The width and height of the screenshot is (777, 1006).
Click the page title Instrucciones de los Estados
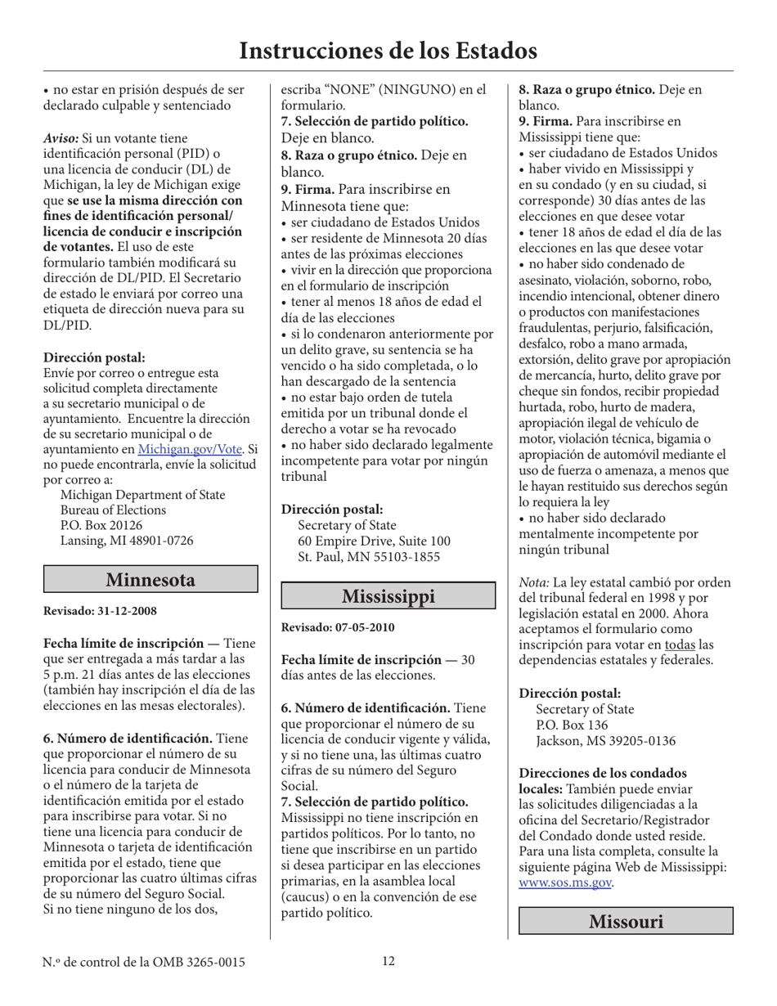click(x=388, y=51)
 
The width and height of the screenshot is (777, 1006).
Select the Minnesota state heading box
click(x=150, y=580)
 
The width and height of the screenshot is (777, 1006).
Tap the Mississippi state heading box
click(x=388, y=596)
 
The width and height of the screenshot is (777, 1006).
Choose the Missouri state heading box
click(x=626, y=922)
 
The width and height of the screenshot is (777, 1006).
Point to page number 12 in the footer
click(x=388, y=961)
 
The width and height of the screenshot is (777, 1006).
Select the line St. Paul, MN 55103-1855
click(x=369, y=557)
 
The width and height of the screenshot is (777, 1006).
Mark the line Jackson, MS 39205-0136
click(x=605, y=741)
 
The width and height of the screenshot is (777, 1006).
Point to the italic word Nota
click(x=534, y=582)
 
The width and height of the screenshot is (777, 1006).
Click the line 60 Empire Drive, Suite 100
click(x=374, y=541)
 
